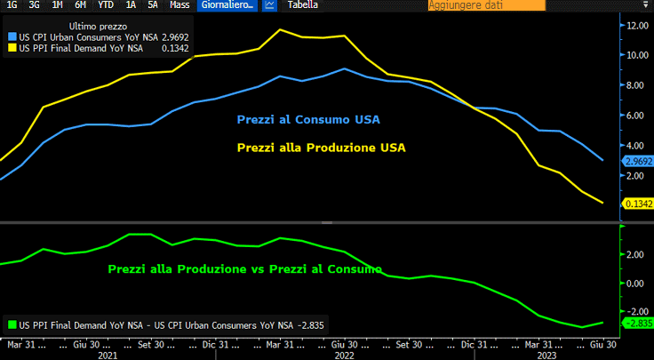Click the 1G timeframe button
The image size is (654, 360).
coord(12,5)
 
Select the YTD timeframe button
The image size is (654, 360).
coord(104,5)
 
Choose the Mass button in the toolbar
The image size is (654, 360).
coord(179,5)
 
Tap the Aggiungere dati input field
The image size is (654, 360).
coord(485,5)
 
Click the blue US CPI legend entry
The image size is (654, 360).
coord(80,37)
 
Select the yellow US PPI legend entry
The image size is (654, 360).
coord(80,49)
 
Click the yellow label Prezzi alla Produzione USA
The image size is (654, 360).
coord(321,148)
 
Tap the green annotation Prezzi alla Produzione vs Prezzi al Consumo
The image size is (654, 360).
coord(244,268)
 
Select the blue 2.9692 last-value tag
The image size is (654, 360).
coord(638,161)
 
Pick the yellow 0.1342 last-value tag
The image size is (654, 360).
coord(638,204)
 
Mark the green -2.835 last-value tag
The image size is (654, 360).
coord(638,323)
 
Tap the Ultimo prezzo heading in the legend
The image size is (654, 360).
coord(86,26)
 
